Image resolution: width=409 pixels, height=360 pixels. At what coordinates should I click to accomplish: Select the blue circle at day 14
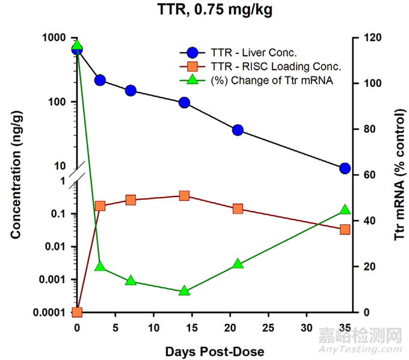coord(184,103)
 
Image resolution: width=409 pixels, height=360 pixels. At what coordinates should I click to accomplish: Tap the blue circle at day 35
coord(345,168)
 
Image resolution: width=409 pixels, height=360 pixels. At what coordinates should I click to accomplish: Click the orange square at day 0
coord(77,312)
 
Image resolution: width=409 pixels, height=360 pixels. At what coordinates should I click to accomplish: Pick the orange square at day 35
coord(345,229)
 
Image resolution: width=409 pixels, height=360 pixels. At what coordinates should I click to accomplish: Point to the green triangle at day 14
coord(184,291)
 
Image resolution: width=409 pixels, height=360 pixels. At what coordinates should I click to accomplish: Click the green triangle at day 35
coord(345,210)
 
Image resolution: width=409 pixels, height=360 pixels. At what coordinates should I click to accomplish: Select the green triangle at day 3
coord(100,267)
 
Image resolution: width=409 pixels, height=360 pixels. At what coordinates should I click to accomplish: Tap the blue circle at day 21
coord(238,130)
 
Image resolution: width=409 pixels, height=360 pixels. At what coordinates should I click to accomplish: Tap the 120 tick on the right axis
coord(362,37)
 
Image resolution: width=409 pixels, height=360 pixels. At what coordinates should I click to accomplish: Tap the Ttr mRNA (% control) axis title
coord(399,175)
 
